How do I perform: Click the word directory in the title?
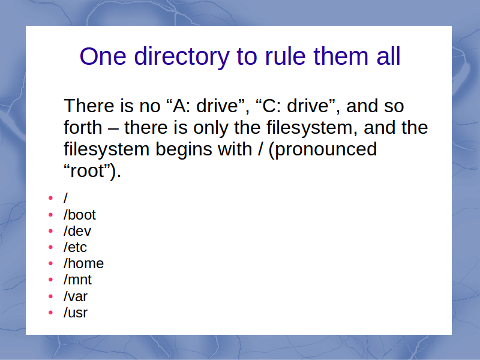182,56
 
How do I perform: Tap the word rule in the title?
286,56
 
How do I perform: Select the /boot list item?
80,215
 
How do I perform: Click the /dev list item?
77,231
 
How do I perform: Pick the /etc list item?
75,247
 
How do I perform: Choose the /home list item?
83,263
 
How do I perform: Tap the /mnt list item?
77,280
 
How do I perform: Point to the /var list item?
76,296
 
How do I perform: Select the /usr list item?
76,313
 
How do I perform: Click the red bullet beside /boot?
51,215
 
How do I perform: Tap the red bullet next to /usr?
51,313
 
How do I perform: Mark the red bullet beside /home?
51,263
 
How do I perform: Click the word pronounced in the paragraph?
323,149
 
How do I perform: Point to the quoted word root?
88,171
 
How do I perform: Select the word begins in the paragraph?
184,149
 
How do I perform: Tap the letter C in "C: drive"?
269,106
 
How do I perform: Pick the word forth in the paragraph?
83,127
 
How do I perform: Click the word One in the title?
103,56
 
